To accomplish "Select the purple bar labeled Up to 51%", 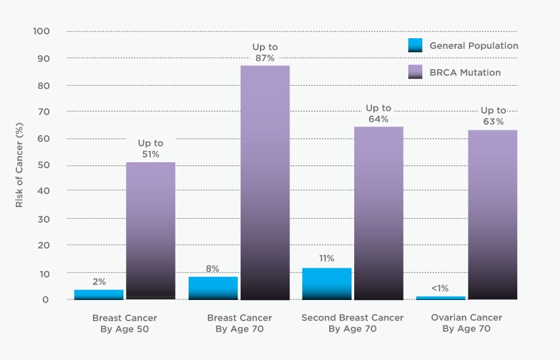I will coord(150,231).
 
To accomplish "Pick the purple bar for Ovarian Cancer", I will coord(492,214).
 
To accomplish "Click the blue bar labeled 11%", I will coord(327,284).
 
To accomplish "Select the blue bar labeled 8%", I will coord(212,288).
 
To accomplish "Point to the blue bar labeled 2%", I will coord(98,295).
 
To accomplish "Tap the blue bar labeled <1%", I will coord(441,298).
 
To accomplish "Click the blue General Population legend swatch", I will coord(415,45).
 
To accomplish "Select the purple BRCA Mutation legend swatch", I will coord(415,72).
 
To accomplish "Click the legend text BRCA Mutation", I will coord(464,73).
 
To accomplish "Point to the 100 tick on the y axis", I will coord(41,32).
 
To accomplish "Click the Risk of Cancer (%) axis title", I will coord(19,165).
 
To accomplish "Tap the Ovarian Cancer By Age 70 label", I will coord(466,323).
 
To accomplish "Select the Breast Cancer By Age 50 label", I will coord(125,323).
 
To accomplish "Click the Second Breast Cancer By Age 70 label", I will coord(352,323).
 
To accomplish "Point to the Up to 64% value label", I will coord(379,113).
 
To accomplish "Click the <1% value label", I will coord(441,288).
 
